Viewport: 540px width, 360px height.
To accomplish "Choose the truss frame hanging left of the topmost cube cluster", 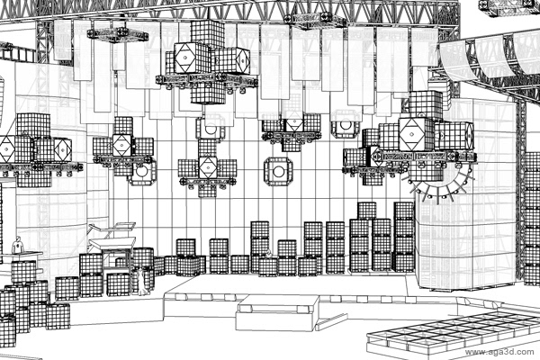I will [x=118, y=35].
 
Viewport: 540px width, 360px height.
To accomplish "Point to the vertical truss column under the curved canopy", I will [x=519, y=144].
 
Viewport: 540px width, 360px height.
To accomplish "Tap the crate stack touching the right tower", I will [x=404, y=238].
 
